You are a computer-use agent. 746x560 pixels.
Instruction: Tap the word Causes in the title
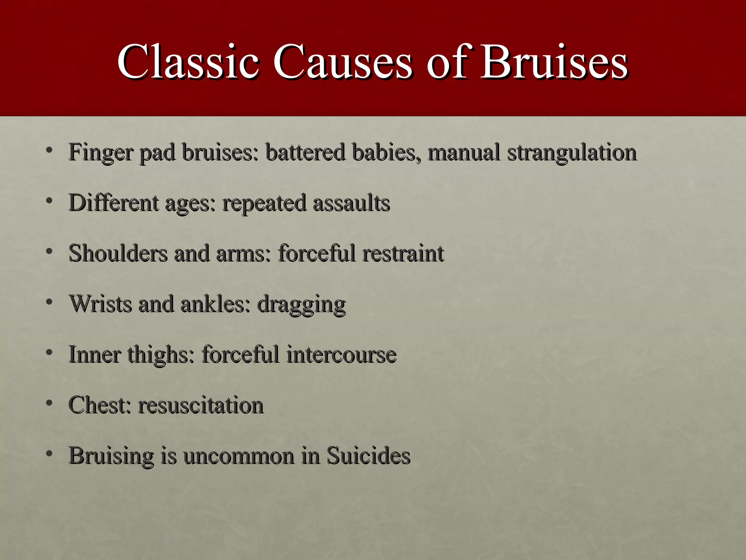(x=342, y=62)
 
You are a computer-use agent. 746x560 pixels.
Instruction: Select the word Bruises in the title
(x=554, y=62)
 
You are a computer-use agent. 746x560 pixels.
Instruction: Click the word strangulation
(x=572, y=152)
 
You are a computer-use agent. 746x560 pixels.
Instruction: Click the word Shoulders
(x=118, y=253)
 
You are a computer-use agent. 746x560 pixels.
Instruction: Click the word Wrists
(x=101, y=304)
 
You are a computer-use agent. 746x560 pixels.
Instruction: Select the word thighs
(x=161, y=355)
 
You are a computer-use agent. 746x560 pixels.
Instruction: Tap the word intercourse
(x=341, y=354)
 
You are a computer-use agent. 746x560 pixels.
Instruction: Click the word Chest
(x=99, y=405)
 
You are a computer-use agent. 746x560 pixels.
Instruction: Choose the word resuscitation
(x=201, y=405)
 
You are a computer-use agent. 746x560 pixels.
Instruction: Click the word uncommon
(x=239, y=456)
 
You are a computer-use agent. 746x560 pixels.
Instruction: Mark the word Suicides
(x=368, y=455)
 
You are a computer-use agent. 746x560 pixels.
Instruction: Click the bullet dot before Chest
(x=50, y=403)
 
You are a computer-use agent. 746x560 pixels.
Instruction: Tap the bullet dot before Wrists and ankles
(x=50, y=302)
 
